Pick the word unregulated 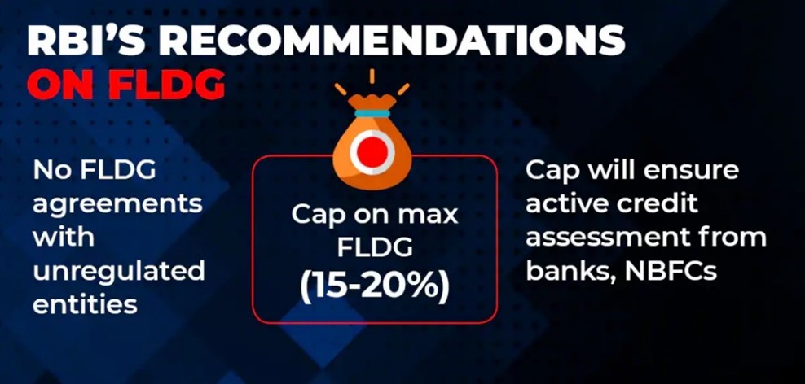119,271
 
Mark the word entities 85,304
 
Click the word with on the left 64,238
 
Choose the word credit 658,203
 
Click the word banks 570,271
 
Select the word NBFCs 671,271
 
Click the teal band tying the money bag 372,113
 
